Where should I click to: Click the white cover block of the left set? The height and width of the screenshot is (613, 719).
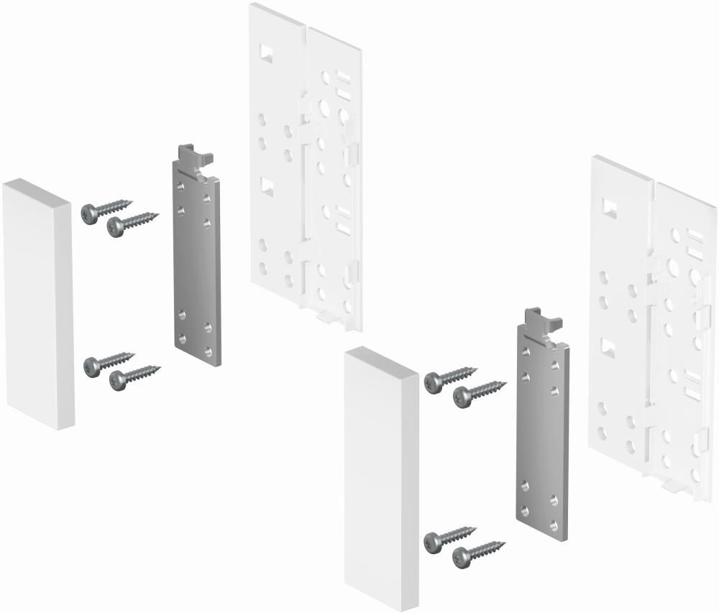click(37, 305)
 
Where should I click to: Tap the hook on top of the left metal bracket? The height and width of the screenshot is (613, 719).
click(193, 156)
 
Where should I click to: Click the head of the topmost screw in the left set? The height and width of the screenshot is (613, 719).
click(90, 213)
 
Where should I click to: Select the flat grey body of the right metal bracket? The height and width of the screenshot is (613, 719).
click(541, 438)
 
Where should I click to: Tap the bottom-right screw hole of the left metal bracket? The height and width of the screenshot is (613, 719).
click(208, 351)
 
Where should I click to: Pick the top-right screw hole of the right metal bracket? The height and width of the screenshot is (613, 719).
click(555, 365)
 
